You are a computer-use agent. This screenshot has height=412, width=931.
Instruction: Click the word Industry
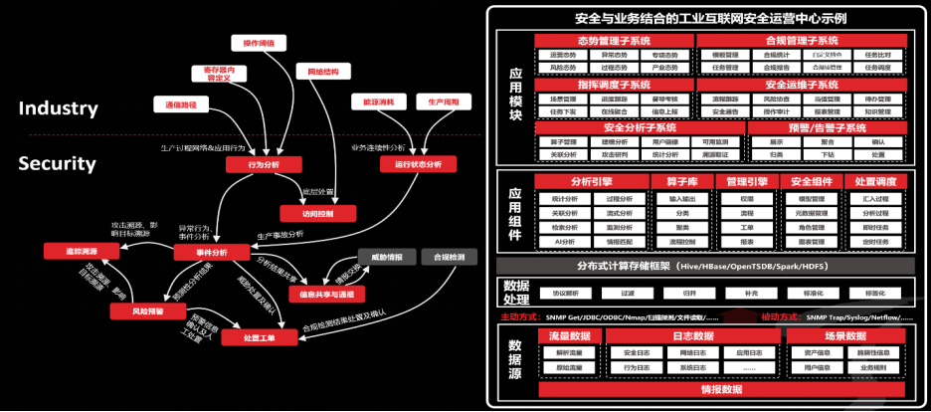[x=59, y=108]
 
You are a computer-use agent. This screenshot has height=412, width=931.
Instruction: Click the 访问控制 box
[x=303, y=213]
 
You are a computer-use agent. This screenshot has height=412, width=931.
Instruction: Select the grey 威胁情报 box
[x=385, y=257]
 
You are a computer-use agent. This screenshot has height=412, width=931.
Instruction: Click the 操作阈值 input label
[x=259, y=43]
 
